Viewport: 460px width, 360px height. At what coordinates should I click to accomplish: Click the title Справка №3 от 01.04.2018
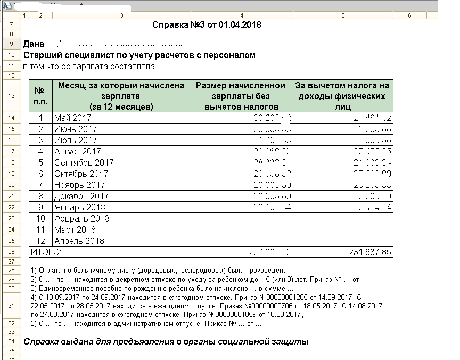(x=207, y=25)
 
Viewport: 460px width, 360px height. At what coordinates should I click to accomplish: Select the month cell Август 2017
(x=77, y=151)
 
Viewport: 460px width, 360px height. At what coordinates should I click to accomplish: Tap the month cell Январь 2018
(x=79, y=207)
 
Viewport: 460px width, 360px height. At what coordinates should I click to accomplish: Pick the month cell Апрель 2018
(x=79, y=241)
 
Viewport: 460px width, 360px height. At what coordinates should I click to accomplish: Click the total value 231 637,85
(x=370, y=252)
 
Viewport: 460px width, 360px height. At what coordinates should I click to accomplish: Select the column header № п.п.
(x=41, y=96)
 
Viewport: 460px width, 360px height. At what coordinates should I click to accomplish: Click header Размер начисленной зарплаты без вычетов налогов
(x=241, y=96)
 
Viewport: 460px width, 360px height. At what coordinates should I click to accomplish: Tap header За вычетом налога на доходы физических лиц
(x=343, y=96)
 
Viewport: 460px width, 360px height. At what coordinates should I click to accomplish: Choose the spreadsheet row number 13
(x=11, y=96)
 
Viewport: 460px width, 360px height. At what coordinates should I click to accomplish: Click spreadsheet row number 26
(x=11, y=252)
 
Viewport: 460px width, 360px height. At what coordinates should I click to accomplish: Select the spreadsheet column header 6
(x=409, y=15)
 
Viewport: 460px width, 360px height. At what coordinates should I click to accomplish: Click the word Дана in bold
(x=34, y=44)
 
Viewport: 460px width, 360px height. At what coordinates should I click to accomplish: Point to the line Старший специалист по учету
(x=139, y=55)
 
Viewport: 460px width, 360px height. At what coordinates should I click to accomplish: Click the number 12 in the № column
(x=40, y=241)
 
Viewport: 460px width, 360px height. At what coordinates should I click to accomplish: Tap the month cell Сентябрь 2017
(x=84, y=162)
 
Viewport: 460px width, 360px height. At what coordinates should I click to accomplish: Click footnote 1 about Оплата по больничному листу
(x=159, y=270)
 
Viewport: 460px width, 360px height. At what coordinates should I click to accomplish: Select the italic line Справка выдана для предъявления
(x=166, y=341)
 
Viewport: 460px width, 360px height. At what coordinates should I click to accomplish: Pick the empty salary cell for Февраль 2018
(x=241, y=218)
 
